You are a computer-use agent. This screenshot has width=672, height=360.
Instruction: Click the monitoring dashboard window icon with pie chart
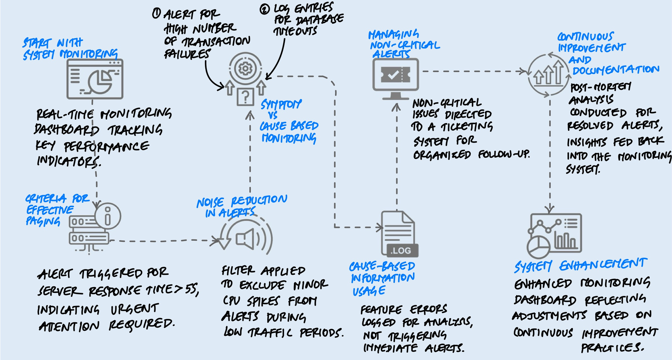pyautogui.click(x=95, y=79)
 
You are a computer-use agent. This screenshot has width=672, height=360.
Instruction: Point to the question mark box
pyautogui.click(x=245, y=96)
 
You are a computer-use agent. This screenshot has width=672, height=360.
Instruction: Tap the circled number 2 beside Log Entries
pyautogui.click(x=265, y=9)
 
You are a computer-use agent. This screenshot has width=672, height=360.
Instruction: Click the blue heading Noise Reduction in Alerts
pyautogui.click(x=241, y=206)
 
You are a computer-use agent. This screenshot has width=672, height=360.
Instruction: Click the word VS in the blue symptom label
pyautogui.click(x=272, y=115)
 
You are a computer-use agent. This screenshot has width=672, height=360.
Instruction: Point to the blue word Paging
pyautogui.click(x=43, y=221)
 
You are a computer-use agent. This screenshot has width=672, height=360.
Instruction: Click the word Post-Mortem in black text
pyautogui.click(x=600, y=87)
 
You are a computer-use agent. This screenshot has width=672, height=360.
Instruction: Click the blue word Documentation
pyautogui.click(x=616, y=70)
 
